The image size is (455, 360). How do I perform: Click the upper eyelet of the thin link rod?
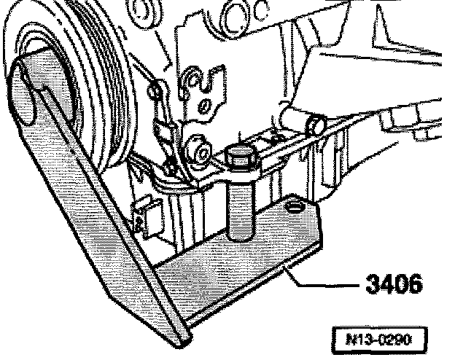coord(155,91)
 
